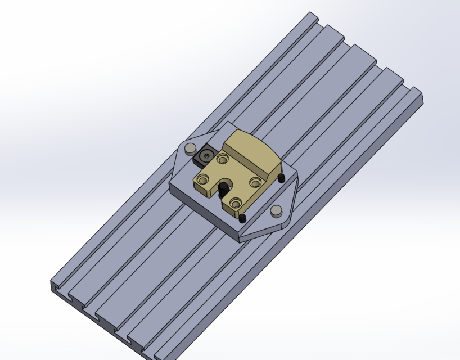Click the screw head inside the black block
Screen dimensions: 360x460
(x=209, y=154)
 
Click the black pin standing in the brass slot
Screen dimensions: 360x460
(x=223, y=186)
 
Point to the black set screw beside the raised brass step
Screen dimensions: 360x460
(x=281, y=178)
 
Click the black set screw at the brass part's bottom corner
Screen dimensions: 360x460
(x=243, y=218)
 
